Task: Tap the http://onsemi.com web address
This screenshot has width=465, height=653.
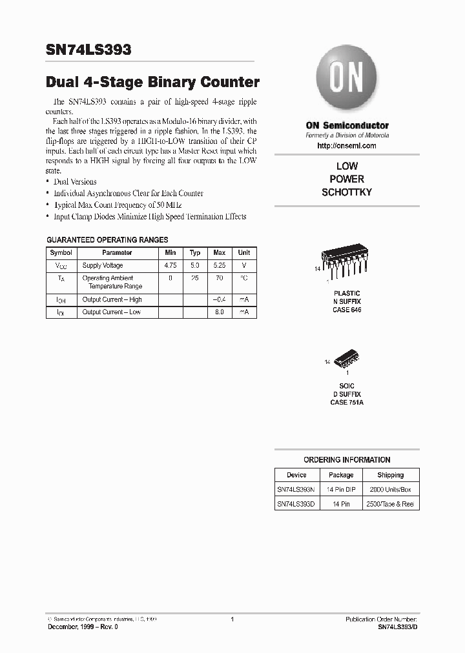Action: (x=347, y=146)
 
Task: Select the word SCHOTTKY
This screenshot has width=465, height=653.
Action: (x=347, y=192)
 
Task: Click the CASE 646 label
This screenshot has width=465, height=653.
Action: (x=347, y=310)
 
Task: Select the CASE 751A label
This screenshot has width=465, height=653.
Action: (x=347, y=402)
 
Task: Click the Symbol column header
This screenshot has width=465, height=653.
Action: (x=61, y=253)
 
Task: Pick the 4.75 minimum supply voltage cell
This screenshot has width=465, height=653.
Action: (x=170, y=265)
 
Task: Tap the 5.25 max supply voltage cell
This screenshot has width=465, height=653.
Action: (x=220, y=265)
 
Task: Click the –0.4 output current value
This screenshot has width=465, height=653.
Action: (x=219, y=299)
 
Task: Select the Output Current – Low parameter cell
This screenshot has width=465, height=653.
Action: (x=112, y=312)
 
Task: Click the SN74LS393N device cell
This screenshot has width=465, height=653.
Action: (x=296, y=490)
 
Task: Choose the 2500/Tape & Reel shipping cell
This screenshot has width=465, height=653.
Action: (x=390, y=504)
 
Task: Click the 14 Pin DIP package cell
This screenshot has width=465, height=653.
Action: (x=341, y=490)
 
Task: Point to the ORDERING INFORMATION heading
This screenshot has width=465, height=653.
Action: (x=347, y=460)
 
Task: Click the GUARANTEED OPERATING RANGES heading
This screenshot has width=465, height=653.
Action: (x=108, y=239)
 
